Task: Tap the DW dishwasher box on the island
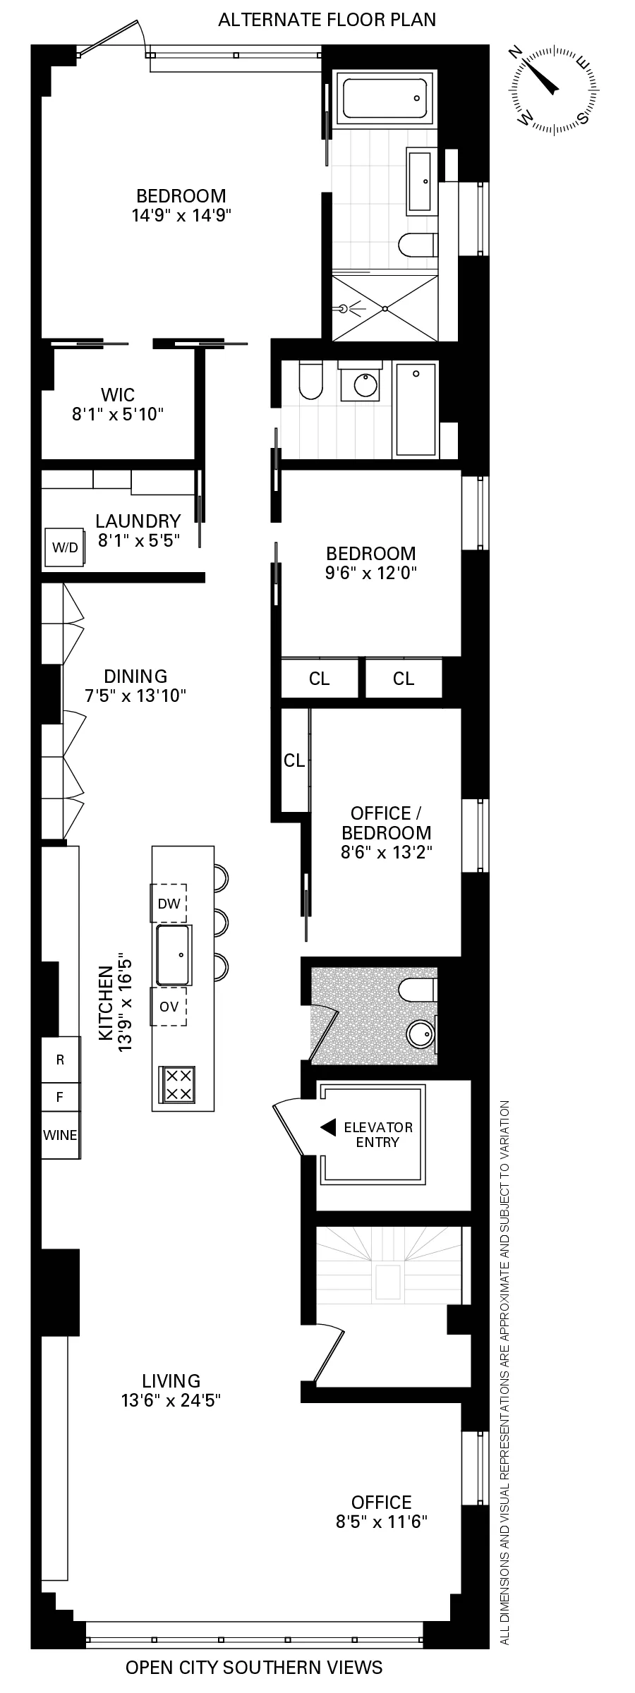pos(169,903)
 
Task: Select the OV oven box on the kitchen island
pos(169,1007)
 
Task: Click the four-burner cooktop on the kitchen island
pos(179,1084)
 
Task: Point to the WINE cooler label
pos(60,1135)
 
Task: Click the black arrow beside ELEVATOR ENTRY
pos(328,1127)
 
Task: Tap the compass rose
pos(551,90)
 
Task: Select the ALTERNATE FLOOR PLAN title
pos(327,20)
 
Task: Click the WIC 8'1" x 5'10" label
pos(118,404)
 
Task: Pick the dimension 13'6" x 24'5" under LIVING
pos(171,1400)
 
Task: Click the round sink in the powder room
pos(421,1035)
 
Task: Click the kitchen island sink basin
pos(173,955)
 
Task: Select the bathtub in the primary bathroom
pos(385,98)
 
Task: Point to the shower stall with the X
pos(385,308)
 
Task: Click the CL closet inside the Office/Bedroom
pos(294,760)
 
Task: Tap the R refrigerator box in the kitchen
pos(60,1060)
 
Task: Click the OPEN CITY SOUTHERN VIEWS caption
pos(254,1668)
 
